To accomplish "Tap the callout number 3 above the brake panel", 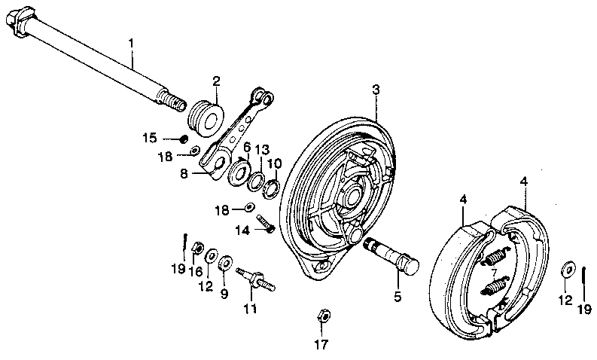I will tap(376, 90).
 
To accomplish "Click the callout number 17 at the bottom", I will tap(322, 345).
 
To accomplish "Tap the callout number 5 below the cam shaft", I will tap(397, 296).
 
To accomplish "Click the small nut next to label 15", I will tap(182, 139).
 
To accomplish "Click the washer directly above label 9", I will tap(225, 263).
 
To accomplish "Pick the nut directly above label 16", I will tap(196, 247).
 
